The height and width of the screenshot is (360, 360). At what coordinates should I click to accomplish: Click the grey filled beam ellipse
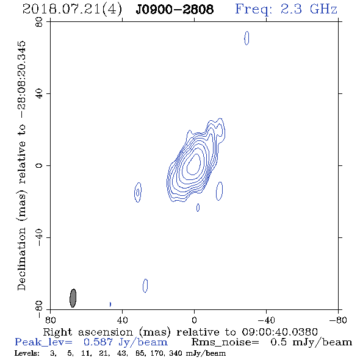pyautogui.click(x=73, y=298)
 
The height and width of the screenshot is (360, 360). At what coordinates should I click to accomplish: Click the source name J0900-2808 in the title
pyautogui.click(x=175, y=10)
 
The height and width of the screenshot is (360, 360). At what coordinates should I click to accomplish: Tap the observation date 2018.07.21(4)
pyautogui.click(x=73, y=10)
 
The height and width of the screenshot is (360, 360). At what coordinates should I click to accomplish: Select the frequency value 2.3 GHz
pyautogui.click(x=309, y=9)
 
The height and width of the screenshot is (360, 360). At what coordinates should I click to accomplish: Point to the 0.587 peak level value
pyautogui.click(x=98, y=342)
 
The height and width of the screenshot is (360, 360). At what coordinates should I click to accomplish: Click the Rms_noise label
pyautogui.click(x=225, y=342)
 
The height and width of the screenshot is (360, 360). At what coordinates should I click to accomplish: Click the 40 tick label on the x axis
pyautogui.click(x=122, y=320)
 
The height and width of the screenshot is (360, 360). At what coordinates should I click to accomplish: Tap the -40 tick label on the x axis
pyautogui.click(x=266, y=320)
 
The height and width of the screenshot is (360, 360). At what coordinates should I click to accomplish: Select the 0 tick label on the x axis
pyautogui.click(x=194, y=320)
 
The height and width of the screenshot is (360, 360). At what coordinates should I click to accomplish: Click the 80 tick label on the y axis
pyautogui.click(x=39, y=22)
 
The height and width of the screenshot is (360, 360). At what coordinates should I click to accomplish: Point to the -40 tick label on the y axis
pyautogui.click(x=39, y=237)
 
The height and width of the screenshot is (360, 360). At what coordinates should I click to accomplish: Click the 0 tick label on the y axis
pyautogui.click(x=39, y=165)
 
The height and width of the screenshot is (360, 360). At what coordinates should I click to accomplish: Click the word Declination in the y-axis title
pyautogui.click(x=21, y=259)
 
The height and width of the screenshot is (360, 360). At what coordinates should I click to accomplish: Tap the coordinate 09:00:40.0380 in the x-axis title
pyautogui.click(x=280, y=332)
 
